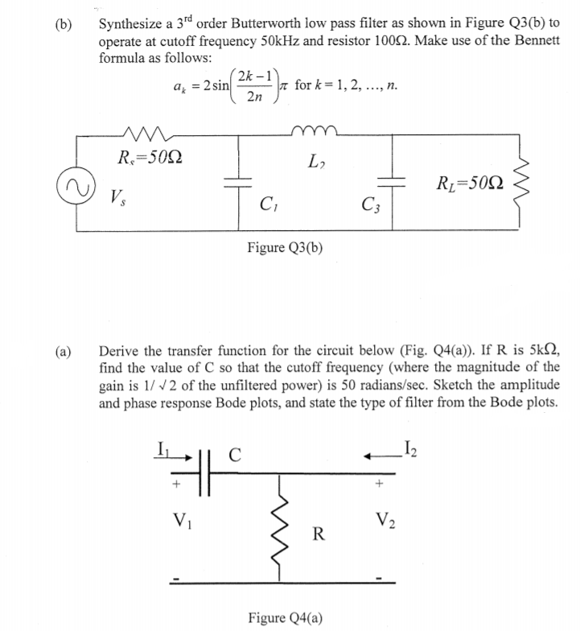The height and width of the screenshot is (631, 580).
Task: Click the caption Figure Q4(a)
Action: point(286,617)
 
